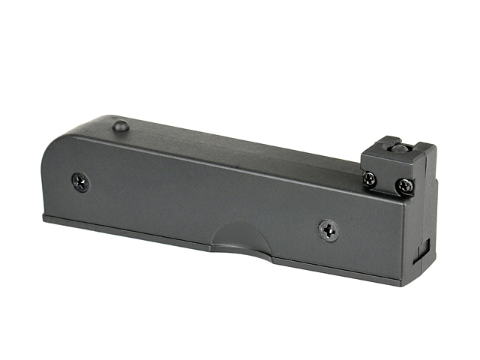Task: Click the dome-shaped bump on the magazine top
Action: tap(121, 126)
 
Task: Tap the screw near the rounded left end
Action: tap(80, 181)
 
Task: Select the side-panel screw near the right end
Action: tap(328, 229)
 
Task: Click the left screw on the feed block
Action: tap(370, 178)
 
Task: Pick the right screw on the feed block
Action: tap(405, 184)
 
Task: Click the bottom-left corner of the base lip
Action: tap(44, 219)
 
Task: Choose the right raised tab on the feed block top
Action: tap(424, 151)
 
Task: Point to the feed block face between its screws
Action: tap(388, 181)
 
